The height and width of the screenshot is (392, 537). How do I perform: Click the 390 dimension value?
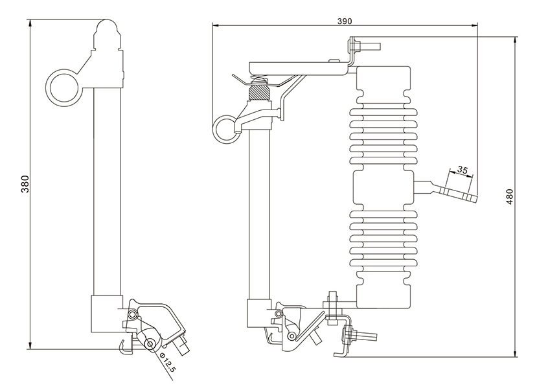(344, 21)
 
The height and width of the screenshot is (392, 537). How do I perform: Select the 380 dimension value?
(25, 185)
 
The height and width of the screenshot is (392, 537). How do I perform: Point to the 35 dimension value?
(462, 170)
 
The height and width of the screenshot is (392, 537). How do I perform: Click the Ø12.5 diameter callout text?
(168, 363)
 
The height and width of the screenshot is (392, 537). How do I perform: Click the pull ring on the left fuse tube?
(62, 88)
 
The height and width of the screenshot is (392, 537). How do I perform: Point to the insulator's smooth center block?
(382, 188)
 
